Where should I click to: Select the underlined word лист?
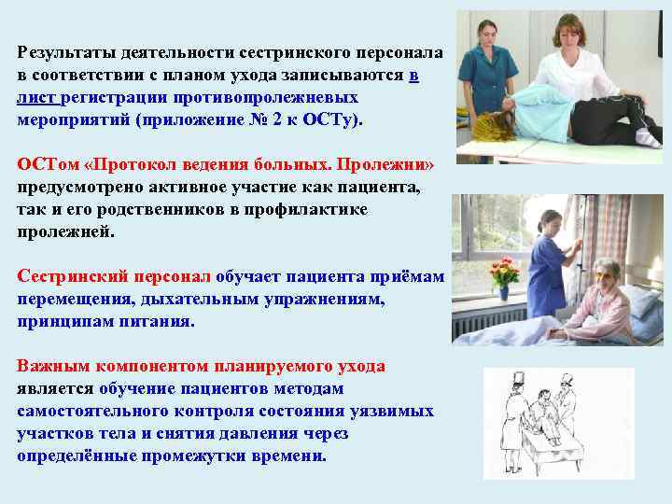(x=36, y=98)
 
